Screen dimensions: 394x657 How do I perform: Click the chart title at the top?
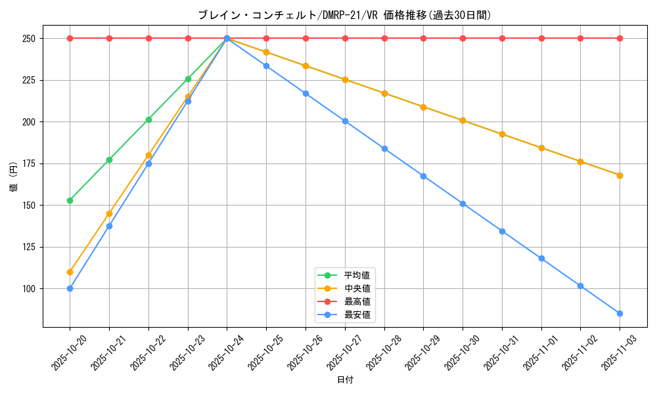click(x=344, y=15)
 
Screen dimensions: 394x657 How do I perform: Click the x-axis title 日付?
click(x=345, y=380)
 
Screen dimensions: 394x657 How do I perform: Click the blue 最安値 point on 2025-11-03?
click(x=620, y=313)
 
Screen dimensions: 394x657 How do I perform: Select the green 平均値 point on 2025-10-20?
click(x=70, y=200)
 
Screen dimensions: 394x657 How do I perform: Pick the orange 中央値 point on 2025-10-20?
click(x=70, y=272)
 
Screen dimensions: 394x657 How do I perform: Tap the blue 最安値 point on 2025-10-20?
click(x=70, y=288)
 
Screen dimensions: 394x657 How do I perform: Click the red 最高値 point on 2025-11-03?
click(x=620, y=38)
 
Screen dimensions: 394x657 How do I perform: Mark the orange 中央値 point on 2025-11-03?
click(x=620, y=175)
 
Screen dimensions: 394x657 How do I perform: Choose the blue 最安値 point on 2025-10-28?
click(x=384, y=148)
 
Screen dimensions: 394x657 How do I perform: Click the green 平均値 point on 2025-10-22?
click(x=148, y=120)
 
